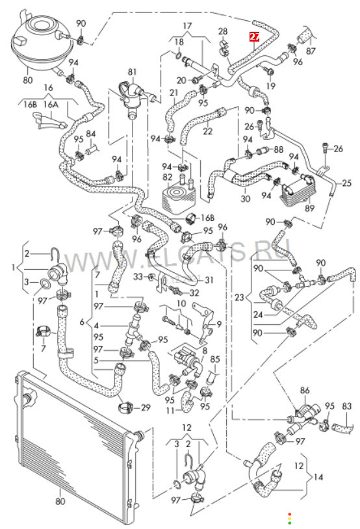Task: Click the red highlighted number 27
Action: [x=254, y=36]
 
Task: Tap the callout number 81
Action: [x=133, y=72]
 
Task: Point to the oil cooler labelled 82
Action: [x=179, y=195]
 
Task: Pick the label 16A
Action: [x=51, y=104]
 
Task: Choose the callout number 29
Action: [x=146, y=407]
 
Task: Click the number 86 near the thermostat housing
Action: [x=305, y=391]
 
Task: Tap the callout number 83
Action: [x=347, y=406]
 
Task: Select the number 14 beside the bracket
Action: [x=318, y=477]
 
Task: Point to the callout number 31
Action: [x=209, y=279]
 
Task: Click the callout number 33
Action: [x=138, y=277]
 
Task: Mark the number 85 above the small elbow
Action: [x=215, y=359]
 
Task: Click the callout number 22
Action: [x=207, y=131]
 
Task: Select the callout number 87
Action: [x=311, y=51]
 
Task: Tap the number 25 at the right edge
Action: [x=346, y=183]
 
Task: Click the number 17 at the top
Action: [x=187, y=25]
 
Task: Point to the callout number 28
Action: [x=223, y=31]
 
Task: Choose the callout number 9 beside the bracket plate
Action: [x=219, y=324]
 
